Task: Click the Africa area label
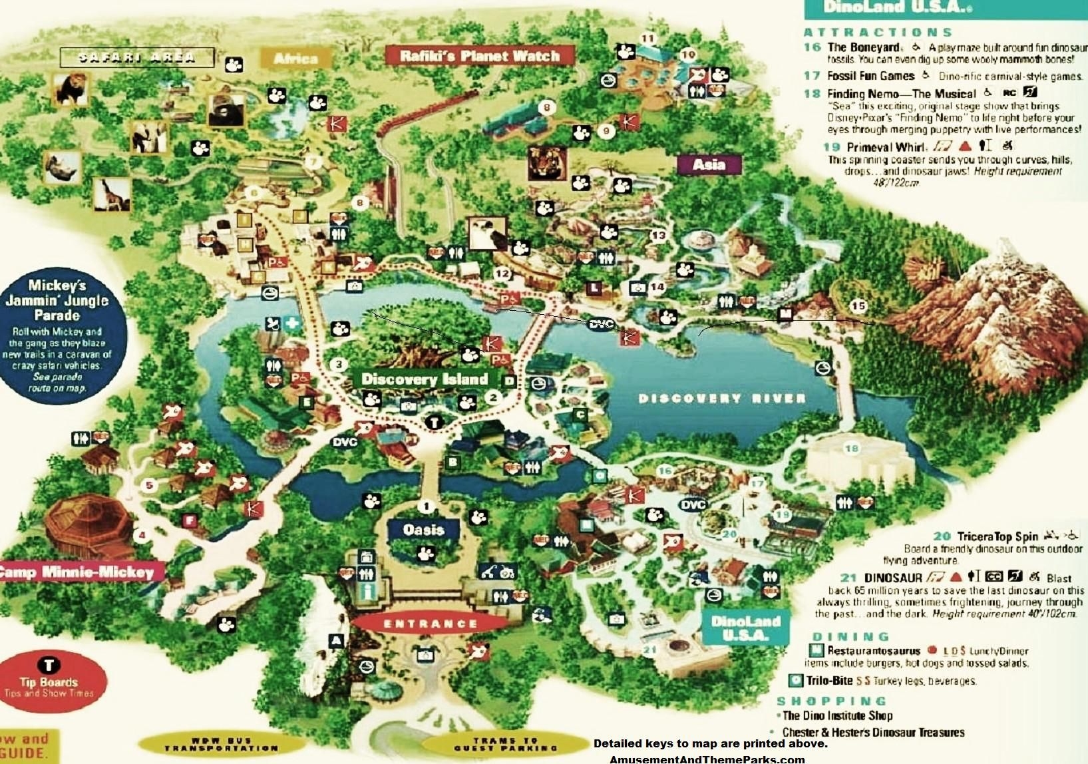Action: coord(295,59)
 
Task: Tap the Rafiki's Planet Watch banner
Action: coord(479,56)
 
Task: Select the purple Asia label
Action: coord(709,164)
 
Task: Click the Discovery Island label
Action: coord(425,379)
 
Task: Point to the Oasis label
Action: coord(423,530)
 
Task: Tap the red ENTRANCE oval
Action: coord(430,624)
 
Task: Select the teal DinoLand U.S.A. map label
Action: coord(745,628)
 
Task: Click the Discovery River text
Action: coord(722,399)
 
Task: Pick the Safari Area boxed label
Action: coord(137,57)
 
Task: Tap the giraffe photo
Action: coord(111,194)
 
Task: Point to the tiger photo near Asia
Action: coord(547,164)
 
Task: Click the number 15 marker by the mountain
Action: coord(858,305)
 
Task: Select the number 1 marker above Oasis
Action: coord(426,506)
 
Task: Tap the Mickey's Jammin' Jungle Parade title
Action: coord(57,300)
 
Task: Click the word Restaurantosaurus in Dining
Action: coord(873,650)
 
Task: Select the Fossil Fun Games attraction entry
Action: coord(870,76)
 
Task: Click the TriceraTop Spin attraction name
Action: coord(997,536)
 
